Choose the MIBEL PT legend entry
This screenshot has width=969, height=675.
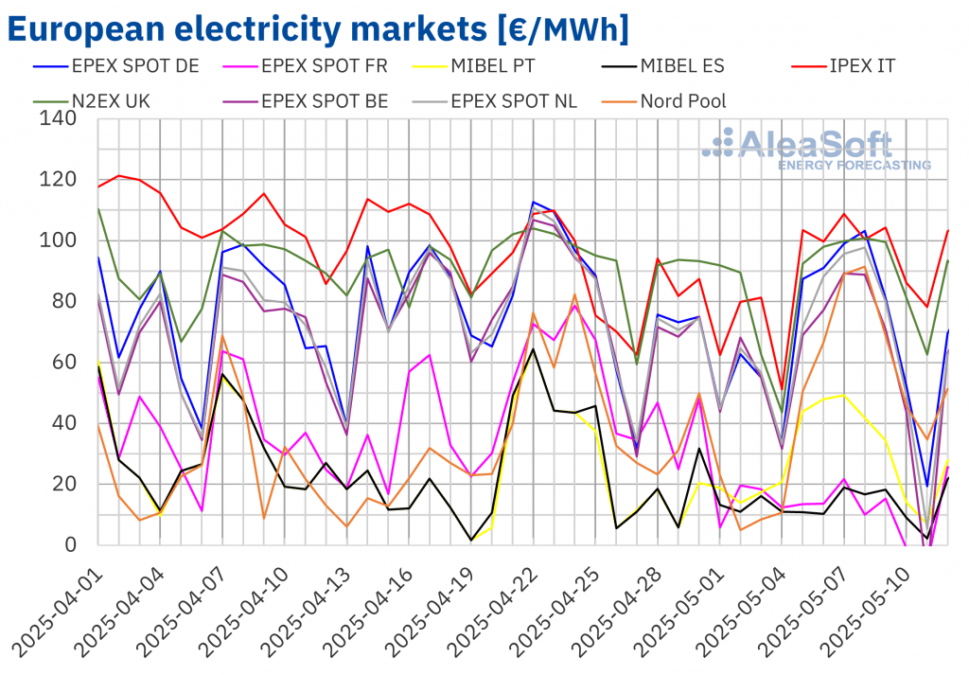click(x=512, y=66)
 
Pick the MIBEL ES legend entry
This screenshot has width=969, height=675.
click(x=681, y=66)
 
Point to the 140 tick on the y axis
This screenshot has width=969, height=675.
click(x=59, y=119)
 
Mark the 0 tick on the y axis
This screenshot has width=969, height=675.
click(x=73, y=544)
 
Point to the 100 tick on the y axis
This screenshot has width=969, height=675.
click(x=59, y=240)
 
